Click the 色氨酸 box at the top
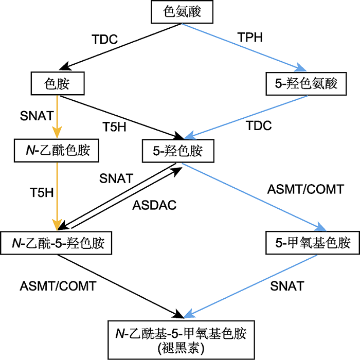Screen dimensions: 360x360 click(x=181, y=12)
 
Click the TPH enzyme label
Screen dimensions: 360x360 click(x=250, y=38)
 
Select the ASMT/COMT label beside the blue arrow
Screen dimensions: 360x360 click(x=305, y=189)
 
